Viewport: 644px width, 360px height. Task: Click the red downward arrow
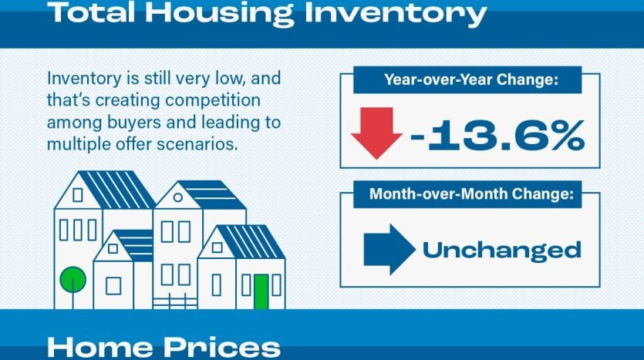[376, 133]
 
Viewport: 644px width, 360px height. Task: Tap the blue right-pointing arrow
[389, 249]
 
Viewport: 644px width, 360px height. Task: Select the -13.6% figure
[497, 135]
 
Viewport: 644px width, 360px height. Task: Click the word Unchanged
[501, 250]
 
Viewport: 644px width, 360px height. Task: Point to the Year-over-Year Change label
[471, 79]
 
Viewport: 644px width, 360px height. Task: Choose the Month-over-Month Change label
[471, 193]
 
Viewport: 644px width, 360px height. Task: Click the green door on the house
[261, 291]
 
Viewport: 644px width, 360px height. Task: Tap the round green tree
[73, 280]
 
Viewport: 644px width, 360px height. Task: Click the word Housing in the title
[219, 13]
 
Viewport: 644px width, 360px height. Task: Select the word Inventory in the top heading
[395, 13]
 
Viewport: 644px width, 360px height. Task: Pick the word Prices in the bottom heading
[222, 347]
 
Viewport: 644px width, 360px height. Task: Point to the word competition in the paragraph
[213, 100]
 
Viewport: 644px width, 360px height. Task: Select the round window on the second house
[178, 197]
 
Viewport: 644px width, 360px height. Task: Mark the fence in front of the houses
[175, 301]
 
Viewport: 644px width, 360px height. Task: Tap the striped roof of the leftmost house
[117, 190]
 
